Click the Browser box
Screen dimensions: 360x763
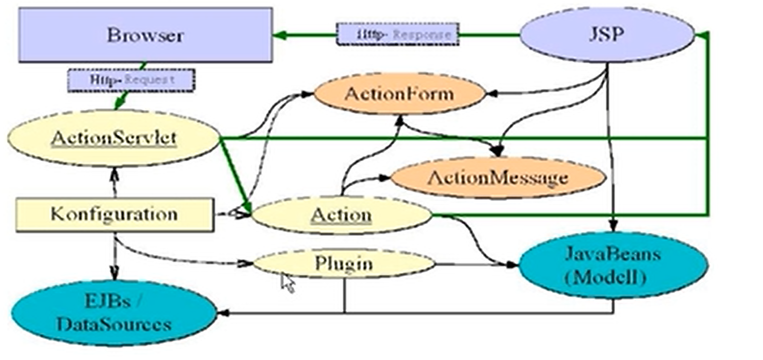coord(145,35)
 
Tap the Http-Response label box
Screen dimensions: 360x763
coord(397,34)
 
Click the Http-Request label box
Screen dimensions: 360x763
coord(131,80)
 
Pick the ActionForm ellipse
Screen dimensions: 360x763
coord(399,94)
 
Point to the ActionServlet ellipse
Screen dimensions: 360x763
coord(114,138)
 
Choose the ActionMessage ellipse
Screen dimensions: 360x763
coord(498,178)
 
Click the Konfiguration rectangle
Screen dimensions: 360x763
coord(114,214)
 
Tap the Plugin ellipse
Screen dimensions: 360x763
coord(344,264)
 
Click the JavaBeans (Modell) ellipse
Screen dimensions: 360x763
coord(613,265)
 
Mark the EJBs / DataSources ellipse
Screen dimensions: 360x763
coord(114,313)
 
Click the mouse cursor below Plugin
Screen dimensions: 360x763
coord(288,283)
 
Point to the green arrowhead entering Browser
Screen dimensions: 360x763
coord(279,35)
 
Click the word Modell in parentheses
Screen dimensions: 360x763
coord(605,278)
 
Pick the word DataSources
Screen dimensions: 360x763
coord(114,325)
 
